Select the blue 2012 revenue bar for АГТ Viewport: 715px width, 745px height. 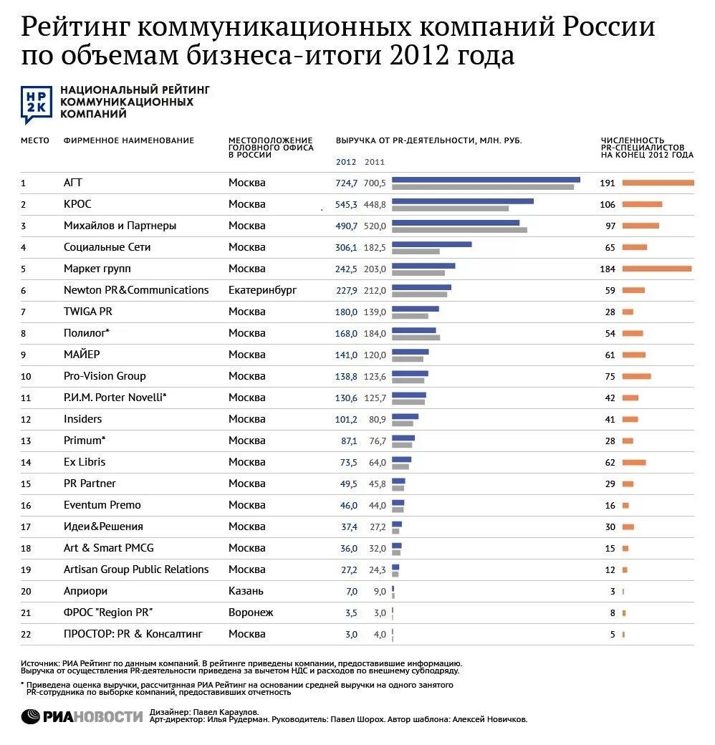tap(486, 179)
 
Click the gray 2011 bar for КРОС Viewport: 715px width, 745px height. tap(450, 208)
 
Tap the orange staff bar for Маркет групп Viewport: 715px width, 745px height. tap(656, 269)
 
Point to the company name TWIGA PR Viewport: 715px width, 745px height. tap(87, 312)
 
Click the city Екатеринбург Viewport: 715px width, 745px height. tap(262, 290)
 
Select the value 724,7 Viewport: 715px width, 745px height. tap(346, 183)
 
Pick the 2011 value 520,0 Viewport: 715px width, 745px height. tap(375, 226)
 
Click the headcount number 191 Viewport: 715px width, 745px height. tap(608, 183)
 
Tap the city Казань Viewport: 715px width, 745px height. tap(246, 591)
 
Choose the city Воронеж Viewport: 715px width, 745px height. tap(251, 612)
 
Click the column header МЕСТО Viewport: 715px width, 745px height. tap(34, 140)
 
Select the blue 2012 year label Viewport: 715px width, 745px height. tap(346, 162)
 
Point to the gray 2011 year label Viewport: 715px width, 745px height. tap(375, 162)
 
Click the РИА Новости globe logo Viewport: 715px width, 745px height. tap(31, 716)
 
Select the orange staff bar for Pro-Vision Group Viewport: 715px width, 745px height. tap(636, 376)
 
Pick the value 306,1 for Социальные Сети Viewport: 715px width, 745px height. tap(346, 247)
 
